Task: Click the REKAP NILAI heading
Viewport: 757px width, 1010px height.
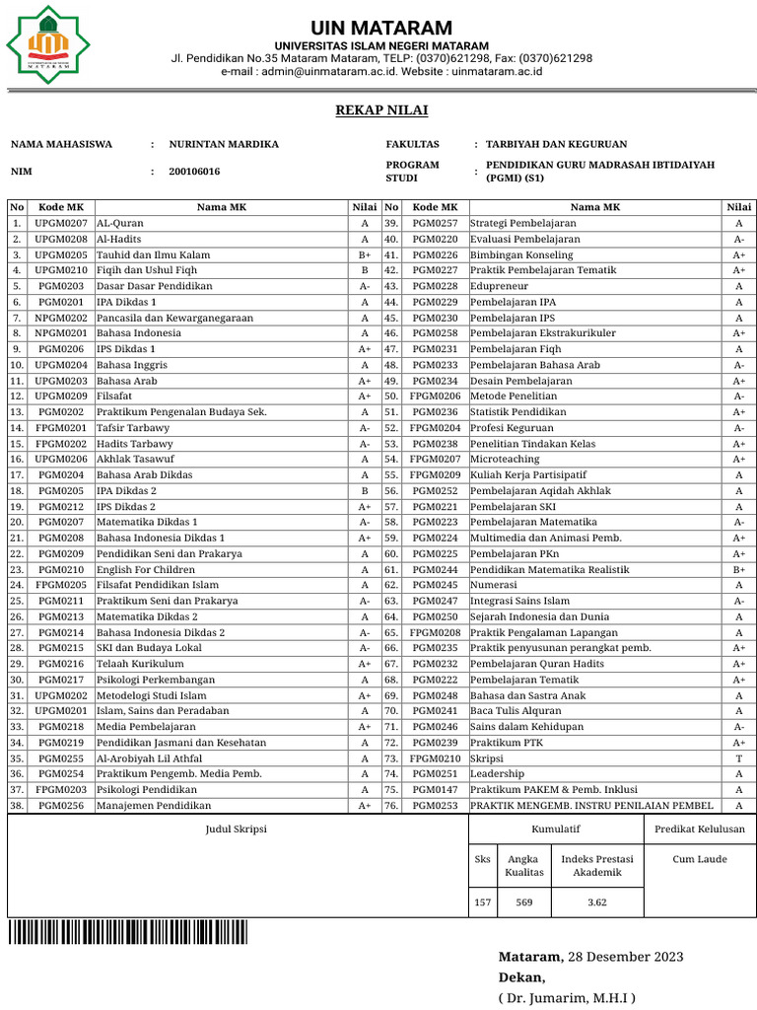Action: coord(381,109)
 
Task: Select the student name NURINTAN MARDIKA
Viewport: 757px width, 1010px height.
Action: coord(224,144)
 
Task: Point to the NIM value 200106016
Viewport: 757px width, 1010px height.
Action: coord(194,172)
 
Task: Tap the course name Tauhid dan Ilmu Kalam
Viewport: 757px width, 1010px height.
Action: coord(153,254)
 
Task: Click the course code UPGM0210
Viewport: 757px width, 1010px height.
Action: coord(61,270)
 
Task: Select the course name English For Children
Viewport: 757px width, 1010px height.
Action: coord(146,569)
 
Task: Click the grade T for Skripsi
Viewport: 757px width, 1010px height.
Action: coord(738,758)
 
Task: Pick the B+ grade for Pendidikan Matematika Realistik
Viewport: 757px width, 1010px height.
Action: coord(738,569)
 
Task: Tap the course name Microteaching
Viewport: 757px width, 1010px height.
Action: coord(505,460)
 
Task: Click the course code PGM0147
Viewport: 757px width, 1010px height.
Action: coord(435,789)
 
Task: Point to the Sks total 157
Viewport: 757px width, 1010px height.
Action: coord(483,902)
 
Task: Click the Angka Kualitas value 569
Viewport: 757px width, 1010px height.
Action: coord(524,902)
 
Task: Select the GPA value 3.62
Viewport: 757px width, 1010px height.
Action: coord(597,902)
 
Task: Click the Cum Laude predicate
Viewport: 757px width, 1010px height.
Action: coord(700,859)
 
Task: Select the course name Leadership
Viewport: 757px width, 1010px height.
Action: coord(499,774)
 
